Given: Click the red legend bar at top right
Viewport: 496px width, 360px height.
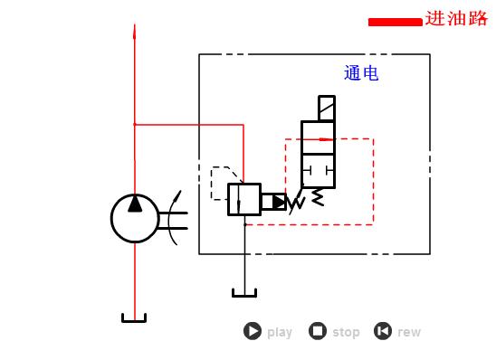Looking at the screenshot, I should coord(395,22).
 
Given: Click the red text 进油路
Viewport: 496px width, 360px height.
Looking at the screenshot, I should coord(456,19).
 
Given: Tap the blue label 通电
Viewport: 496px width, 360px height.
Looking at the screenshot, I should coord(361,74).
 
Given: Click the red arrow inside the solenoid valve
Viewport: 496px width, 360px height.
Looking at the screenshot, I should coord(319,139).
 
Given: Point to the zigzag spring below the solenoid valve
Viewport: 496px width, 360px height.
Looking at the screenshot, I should coord(318,196).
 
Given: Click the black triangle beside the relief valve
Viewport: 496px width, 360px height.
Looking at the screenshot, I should coord(278,203).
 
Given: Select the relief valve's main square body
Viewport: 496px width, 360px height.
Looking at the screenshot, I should coord(243,200).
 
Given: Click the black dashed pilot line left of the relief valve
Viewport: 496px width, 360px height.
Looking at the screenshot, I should coord(221,182).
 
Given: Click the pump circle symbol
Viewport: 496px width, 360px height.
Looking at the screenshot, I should coord(134,218).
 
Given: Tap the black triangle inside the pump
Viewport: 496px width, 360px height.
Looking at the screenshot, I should coord(135,204).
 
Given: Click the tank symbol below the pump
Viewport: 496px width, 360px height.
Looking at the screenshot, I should coord(134,317).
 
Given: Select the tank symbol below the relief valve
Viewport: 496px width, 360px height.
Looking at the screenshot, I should coord(244,291).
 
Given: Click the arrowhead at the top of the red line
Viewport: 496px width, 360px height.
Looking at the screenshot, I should coord(135,32).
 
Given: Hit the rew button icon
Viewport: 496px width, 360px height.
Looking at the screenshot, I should coord(383,332).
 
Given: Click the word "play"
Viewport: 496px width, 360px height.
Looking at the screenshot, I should coord(280,332).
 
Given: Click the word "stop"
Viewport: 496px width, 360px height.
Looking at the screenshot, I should coord(346,332).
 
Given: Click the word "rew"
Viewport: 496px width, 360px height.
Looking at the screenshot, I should coord(409,332).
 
